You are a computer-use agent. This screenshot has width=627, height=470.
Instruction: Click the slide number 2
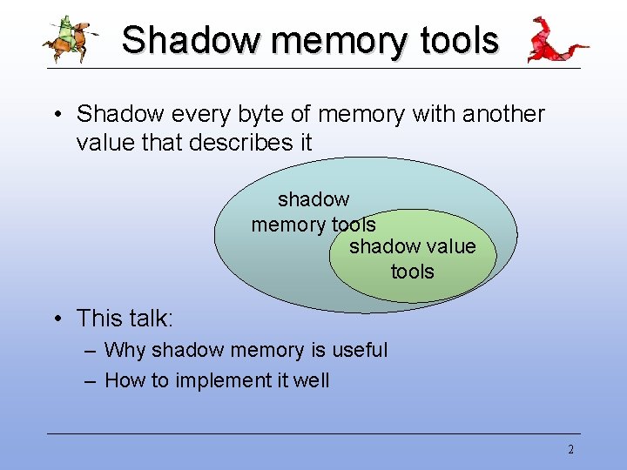click(570, 450)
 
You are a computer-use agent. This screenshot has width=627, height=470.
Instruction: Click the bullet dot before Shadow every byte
click(55, 115)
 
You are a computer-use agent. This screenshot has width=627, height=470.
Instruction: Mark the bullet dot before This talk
click(55, 319)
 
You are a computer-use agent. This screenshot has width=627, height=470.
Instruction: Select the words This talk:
click(125, 319)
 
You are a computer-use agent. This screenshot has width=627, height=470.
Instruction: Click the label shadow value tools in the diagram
click(412, 258)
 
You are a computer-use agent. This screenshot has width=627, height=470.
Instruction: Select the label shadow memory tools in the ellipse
click(313, 212)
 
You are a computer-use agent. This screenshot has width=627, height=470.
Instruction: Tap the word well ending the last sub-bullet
click(310, 380)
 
